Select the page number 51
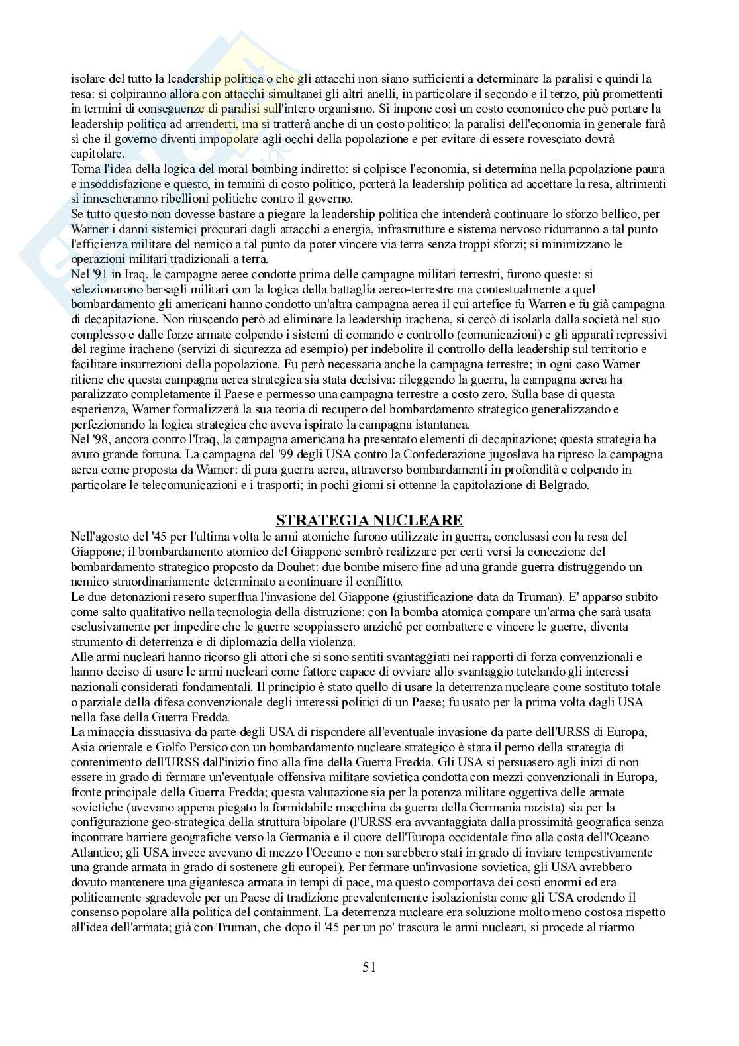[369, 966]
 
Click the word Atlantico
[93, 853]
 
